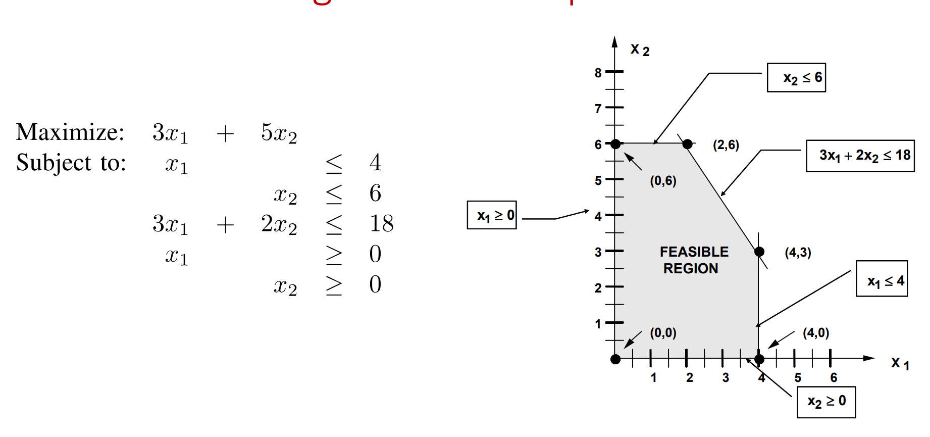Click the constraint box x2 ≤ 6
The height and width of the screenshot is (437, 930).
click(x=796, y=77)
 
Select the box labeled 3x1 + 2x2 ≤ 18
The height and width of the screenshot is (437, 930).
click(x=860, y=156)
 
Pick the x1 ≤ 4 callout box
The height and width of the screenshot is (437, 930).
click(x=882, y=278)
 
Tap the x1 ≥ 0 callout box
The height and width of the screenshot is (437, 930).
click(x=492, y=215)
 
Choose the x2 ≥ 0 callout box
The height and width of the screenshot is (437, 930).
click(x=826, y=402)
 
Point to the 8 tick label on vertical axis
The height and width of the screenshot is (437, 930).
click(x=598, y=73)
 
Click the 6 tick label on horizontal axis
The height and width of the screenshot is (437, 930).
click(x=834, y=377)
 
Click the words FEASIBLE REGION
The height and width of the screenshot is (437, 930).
click(x=693, y=260)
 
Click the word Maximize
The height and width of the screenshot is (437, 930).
click(x=70, y=132)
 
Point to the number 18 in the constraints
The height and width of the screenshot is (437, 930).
click(x=381, y=223)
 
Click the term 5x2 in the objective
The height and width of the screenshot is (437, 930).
click(x=279, y=133)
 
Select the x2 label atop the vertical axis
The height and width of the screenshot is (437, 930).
click(x=640, y=50)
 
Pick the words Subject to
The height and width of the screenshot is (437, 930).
click(x=71, y=163)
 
